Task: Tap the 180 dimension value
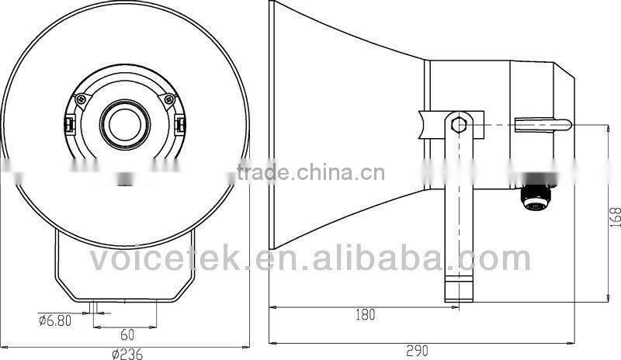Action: (364, 314)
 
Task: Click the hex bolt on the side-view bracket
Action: (459, 123)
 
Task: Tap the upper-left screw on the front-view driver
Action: (81, 99)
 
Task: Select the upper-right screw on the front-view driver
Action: (168, 99)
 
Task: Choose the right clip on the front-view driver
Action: (180, 124)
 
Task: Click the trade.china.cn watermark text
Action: (310, 172)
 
